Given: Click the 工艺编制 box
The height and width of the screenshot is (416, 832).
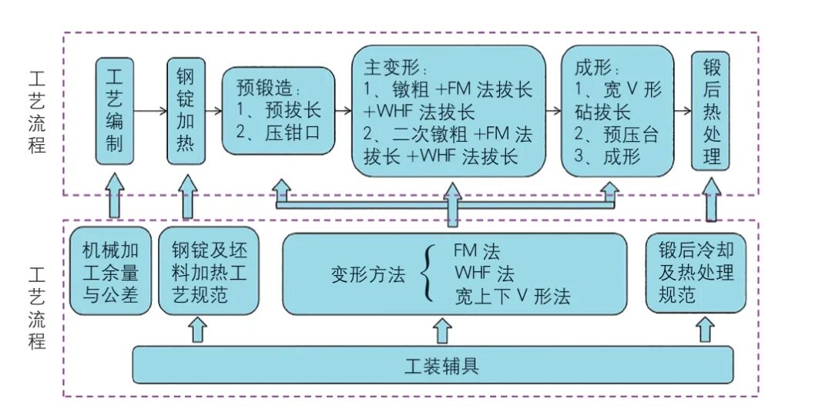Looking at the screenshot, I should coord(114,111).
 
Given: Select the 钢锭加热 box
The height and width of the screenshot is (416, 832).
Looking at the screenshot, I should coord(186,111).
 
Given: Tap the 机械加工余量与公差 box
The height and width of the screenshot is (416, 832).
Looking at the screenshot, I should coord(110,273).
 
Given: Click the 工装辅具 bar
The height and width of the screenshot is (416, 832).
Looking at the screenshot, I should coord(433,364).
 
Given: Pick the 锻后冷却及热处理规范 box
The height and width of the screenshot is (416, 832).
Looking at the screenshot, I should coord(696,273).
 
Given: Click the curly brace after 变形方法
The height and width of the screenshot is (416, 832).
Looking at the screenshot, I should coord(428,274).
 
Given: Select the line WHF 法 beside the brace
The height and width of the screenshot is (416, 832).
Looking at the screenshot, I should coord(484,274).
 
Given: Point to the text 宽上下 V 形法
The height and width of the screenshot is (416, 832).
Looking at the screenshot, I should coord(512,297).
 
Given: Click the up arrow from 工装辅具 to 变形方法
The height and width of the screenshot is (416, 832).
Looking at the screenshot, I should coord(441,330).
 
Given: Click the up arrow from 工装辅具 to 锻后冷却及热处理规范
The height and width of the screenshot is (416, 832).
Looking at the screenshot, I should coord(704,330).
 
